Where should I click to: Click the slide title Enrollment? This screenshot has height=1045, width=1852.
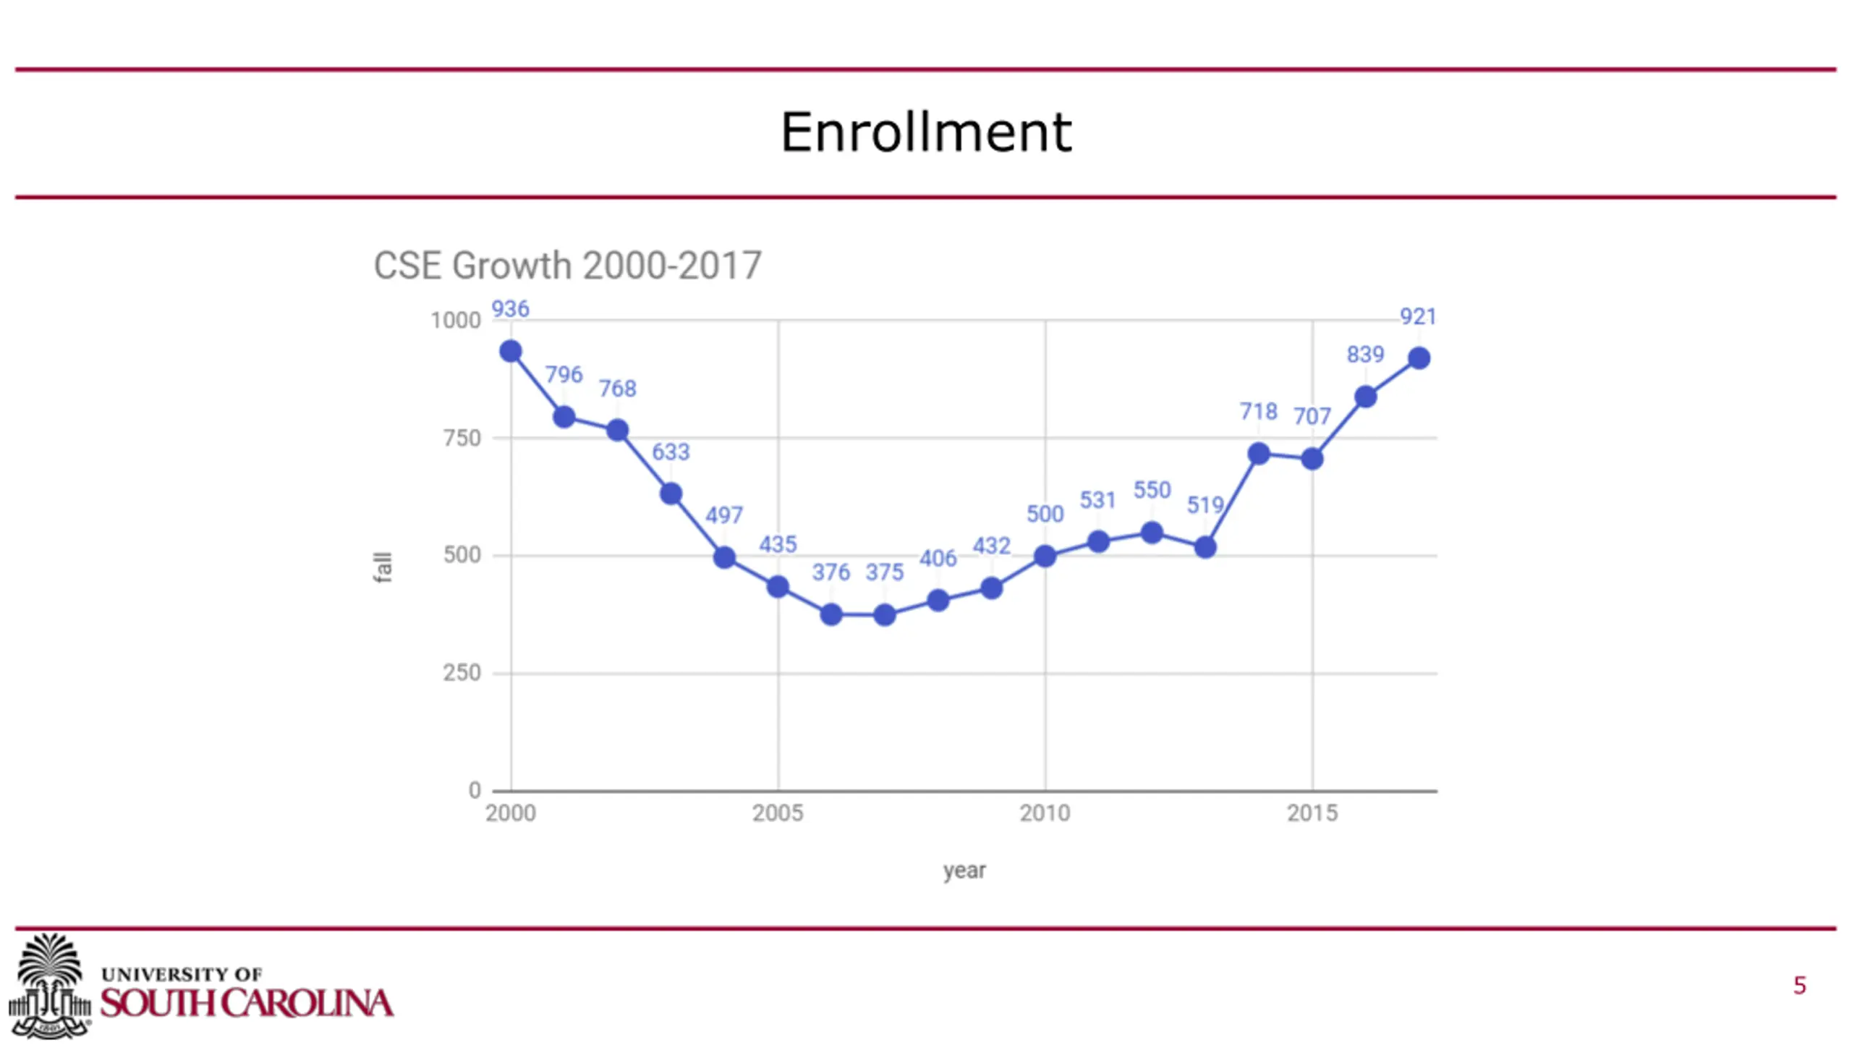[925, 133]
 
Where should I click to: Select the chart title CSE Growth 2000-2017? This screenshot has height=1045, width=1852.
[567, 266]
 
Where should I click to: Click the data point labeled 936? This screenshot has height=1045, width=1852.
[511, 352]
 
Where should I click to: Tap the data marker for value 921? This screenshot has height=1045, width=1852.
[1419, 358]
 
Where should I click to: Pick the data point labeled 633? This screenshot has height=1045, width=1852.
[671, 494]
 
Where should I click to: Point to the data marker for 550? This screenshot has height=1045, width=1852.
[1152, 533]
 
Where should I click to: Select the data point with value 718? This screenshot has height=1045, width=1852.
[1258, 454]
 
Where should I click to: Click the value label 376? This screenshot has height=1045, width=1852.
[831, 572]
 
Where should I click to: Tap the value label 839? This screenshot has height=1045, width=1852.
[1364, 355]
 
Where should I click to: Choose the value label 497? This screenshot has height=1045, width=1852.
[723, 515]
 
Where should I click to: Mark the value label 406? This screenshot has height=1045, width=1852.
[938, 559]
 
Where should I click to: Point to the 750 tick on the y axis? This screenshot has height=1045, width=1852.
[462, 438]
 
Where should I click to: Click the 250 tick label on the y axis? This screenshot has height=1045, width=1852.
[462, 673]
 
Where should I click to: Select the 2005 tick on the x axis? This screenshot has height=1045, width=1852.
[778, 813]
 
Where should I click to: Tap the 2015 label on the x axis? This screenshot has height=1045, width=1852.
[1312, 813]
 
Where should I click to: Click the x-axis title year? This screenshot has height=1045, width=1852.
[964, 871]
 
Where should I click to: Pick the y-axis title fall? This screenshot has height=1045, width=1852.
[383, 567]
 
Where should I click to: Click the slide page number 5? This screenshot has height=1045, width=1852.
[1799, 986]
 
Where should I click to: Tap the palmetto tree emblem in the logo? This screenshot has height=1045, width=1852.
[49, 984]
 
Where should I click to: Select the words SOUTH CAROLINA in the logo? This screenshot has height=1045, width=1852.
[247, 1003]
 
